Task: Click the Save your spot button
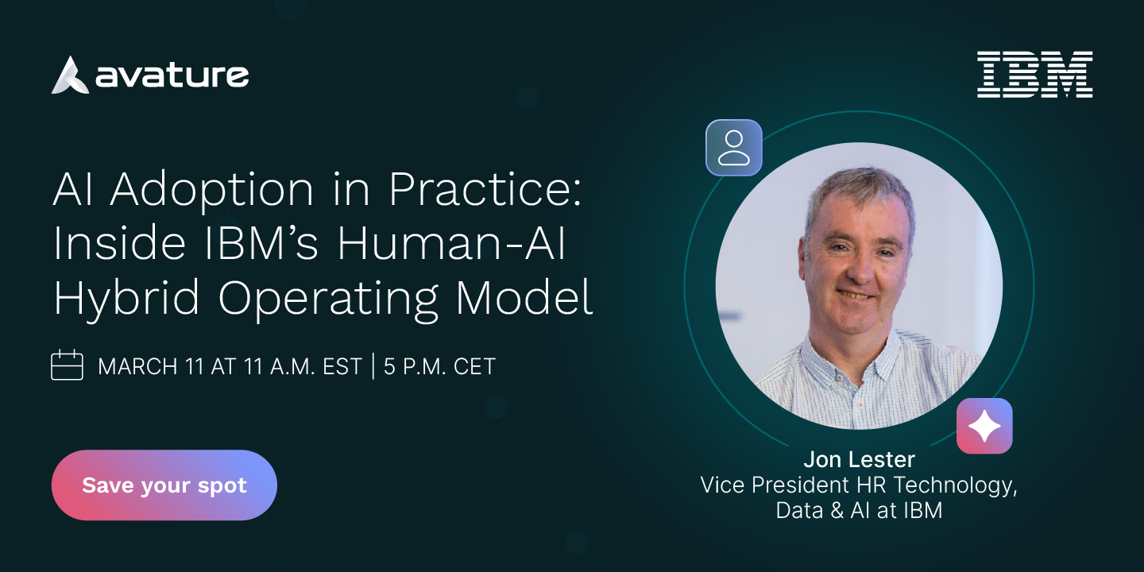[164, 485]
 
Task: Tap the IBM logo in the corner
[1034, 74]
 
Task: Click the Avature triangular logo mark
[70, 75]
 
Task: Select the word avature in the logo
[172, 75]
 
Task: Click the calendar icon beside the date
[67, 365]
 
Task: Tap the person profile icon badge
[734, 148]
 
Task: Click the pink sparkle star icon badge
[984, 426]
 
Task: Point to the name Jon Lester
[859, 460]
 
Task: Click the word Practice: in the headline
[485, 189]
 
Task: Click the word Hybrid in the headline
[126, 299]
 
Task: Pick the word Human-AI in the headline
[451, 243]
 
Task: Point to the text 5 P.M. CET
[439, 366]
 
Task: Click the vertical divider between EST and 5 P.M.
[373, 365]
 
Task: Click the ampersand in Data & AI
[837, 511]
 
